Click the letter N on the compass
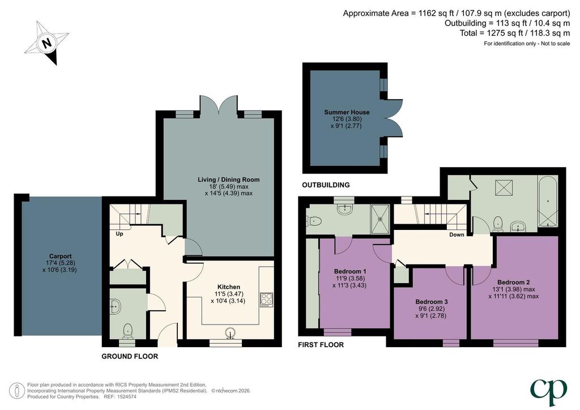[46, 43]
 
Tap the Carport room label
[60, 256]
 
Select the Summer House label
[347, 112]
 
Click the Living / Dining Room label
[229, 180]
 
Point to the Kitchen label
[229, 287]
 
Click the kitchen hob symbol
[266, 300]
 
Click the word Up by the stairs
[120, 234]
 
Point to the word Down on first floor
[457, 235]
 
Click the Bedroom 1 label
[350, 271]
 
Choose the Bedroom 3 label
[431, 302]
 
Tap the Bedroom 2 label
[513, 282]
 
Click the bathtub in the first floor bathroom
[548, 202]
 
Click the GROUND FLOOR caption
[130, 356]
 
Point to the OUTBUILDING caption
[326, 185]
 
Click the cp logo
[548, 391]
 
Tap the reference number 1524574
[126, 396]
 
